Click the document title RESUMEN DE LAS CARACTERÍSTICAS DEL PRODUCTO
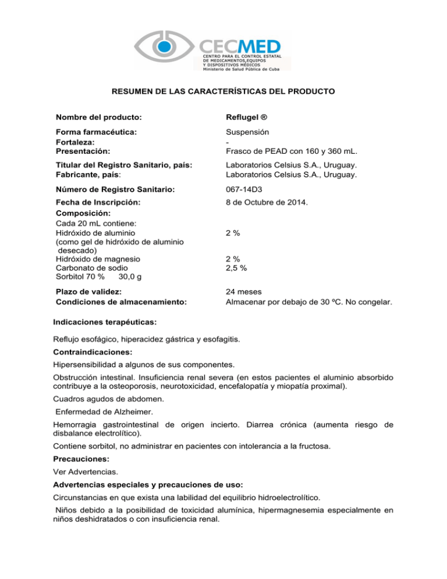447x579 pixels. click(x=223, y=92)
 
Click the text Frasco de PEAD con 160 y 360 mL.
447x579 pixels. click(x=291, y=153)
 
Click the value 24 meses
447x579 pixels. click(x=244, y=291)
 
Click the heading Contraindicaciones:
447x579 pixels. click(x=88, y=352)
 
